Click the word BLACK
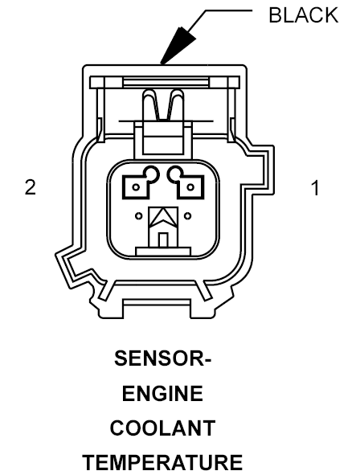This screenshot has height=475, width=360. [x=304, y=15]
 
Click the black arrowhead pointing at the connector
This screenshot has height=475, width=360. [x=178, y=46]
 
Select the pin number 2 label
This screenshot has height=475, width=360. [x=31, y=187]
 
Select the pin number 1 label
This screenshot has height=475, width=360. [x=316, y=188]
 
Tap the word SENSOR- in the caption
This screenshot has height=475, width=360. [x=162, y=358]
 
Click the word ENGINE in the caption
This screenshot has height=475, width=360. [x=162, y=393]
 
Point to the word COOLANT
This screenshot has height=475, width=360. [x=162, y=428]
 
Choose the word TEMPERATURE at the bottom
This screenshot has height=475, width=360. [x=162, y=463]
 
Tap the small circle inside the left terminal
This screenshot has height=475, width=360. [x=136, y=187]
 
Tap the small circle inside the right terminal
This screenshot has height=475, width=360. [x=190, y=187]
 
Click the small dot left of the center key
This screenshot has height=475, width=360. [x=139, y=216]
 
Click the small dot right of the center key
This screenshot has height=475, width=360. [x=188, y=216]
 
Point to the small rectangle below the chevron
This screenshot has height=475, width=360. [x=163, y=240]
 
